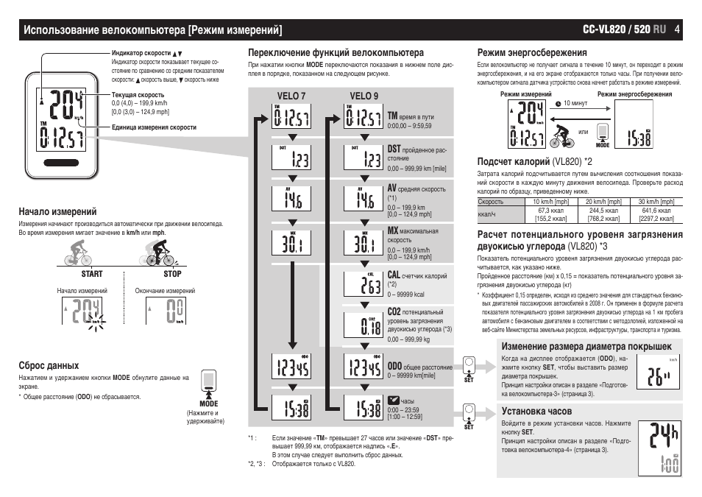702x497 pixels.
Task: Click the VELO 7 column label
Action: pos(291,96)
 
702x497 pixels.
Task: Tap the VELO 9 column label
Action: pos(364,96)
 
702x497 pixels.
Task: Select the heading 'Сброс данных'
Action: pos(49,365)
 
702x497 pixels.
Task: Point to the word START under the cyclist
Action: pos(91,274)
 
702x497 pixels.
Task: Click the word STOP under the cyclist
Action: pos(172,274)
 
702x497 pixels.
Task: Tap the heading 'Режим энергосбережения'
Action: pos(532,53)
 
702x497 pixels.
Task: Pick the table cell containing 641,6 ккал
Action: pos(656,210)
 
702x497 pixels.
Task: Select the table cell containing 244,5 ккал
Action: pos(603,210)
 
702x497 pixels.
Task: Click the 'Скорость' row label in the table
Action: pos(491,202)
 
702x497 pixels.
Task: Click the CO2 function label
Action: pos(394,311)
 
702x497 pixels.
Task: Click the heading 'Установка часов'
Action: pos(536,410)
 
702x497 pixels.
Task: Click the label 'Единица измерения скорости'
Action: pos(154,127)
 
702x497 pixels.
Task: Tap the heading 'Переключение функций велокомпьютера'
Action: pos(336,53)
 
